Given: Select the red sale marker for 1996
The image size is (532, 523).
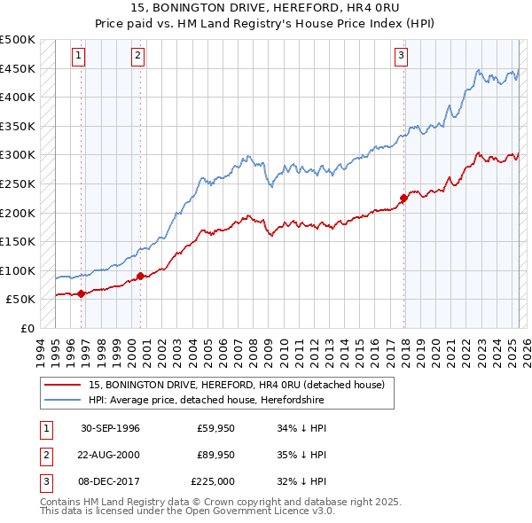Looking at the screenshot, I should (x=81, y=293).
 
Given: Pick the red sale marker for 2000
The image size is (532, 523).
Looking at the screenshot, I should (x=140, y=276).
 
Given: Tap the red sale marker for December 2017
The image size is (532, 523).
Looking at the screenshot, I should (x=403, y=198).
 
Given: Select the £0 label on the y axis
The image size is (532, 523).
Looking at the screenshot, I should (x=27, y=329).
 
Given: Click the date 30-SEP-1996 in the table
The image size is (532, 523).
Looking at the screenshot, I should (x=110, y=428).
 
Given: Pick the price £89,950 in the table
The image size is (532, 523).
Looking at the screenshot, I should (x=216, y=455).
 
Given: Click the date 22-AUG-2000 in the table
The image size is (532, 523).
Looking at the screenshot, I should (x=110, y=455).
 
